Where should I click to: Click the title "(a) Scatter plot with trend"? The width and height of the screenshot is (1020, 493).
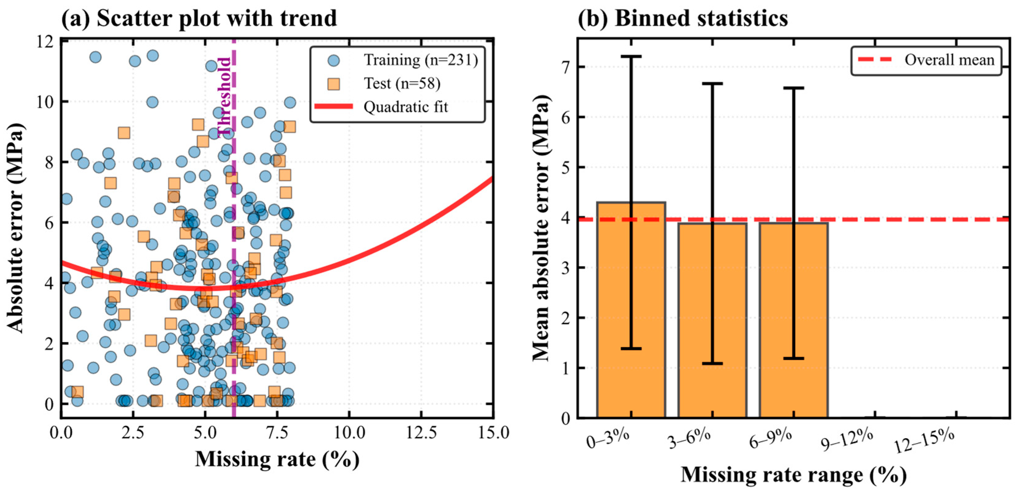coord(199,18)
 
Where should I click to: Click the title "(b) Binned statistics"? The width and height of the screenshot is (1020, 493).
coord(683,18)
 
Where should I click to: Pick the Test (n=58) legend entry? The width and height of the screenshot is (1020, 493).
coord(384,84)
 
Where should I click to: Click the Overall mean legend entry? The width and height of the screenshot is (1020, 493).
coord(927,60)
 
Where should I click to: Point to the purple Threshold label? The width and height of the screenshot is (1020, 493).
coord(224,97)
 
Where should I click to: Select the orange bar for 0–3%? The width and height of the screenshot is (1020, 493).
coord(631,310)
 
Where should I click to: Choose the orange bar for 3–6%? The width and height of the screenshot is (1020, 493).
coord(712,320)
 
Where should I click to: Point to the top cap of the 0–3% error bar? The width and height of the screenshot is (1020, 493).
coord(631,57)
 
